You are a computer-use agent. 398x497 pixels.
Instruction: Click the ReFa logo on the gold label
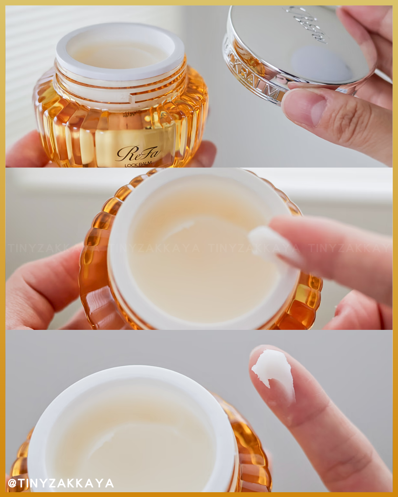[138, 153]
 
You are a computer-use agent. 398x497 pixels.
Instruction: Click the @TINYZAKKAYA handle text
[61, 483]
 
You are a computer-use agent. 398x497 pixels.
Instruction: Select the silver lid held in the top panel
[295, 52]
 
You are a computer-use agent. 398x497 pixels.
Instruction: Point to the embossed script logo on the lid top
[307, 24]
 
